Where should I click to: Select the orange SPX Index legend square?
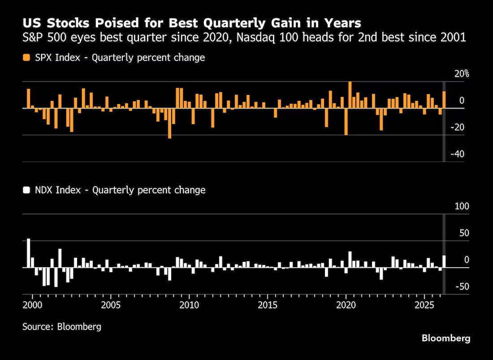point(26,57)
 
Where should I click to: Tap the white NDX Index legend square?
point(26,190)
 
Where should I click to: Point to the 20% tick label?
point(462,74)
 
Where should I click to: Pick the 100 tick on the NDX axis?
point(462,207)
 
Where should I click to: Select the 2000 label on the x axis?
point(33,305)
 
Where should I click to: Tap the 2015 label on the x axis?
point(268,305)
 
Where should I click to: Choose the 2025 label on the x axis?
point(424,305)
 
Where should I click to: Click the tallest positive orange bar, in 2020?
point(350,95)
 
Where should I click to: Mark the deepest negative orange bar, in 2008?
point(170,123)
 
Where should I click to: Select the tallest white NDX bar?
point(29,253)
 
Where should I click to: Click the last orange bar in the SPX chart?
point(444,100)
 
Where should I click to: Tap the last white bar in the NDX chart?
point(444,261)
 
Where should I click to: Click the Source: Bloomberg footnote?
point(62,326)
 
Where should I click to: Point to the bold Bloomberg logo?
point(446,338)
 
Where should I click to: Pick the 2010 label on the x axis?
point(189,305)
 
